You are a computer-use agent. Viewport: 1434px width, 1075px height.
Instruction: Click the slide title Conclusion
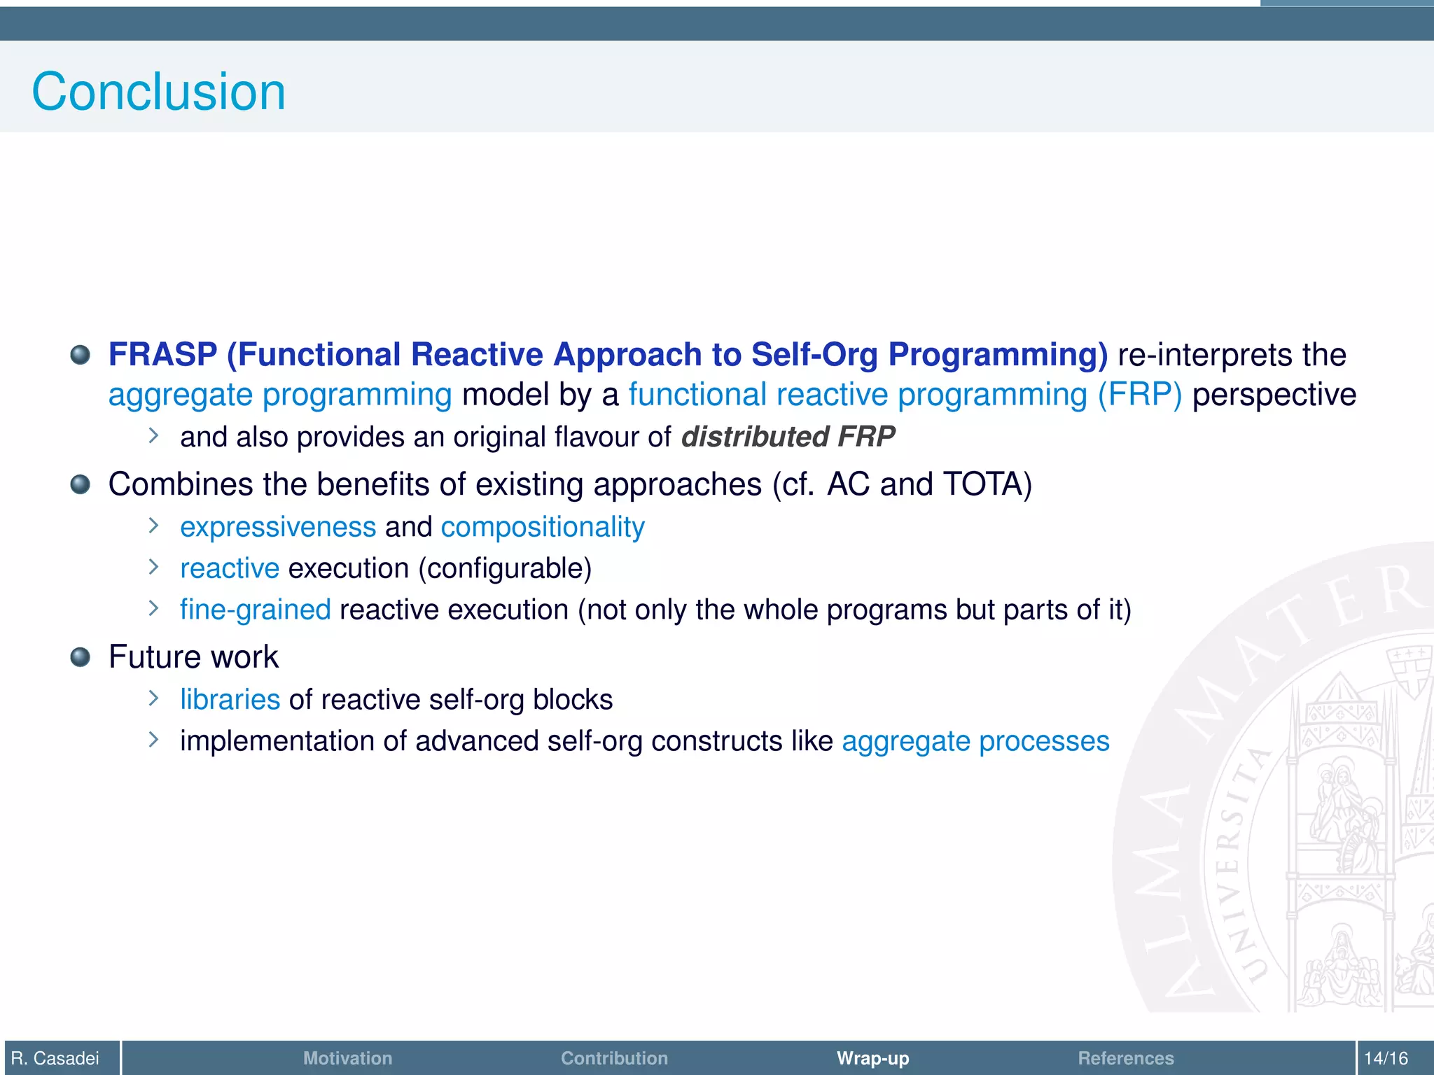(158, 92)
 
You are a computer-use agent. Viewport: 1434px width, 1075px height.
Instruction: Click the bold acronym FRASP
(162, 354)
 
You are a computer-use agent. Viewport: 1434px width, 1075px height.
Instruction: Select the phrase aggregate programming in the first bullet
(280, 395)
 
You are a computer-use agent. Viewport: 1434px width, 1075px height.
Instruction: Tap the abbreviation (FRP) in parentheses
(1139, 395)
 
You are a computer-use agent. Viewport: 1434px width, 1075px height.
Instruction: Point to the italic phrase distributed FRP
(788, 437)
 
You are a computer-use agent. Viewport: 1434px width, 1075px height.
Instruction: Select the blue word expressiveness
(278, 527)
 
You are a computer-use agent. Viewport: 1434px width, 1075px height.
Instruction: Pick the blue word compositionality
(543, 527)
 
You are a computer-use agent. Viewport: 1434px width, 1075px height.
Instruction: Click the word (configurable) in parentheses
(505, 568)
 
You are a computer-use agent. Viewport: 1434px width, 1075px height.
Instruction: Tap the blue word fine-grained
(255, 610)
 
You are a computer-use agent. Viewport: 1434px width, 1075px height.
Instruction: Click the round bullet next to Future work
(81, 657)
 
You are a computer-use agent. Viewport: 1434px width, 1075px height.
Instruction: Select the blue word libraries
(230, 699)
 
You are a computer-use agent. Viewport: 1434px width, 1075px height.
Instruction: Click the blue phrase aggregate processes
(975, 741)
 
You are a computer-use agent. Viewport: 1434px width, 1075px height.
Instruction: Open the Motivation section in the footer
(347, 1058)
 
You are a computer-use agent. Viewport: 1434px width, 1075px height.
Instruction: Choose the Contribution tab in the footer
(614, 1058)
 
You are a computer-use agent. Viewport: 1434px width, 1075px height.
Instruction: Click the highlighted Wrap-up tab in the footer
(872, 1058)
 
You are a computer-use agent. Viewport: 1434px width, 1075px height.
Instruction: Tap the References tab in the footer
(1125, 1058)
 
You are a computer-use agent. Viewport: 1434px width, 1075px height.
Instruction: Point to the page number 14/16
(1386, 1058)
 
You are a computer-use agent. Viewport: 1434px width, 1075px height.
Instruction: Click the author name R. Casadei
(55, 1058)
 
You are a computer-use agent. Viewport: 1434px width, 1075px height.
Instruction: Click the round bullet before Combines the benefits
(81, 484)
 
